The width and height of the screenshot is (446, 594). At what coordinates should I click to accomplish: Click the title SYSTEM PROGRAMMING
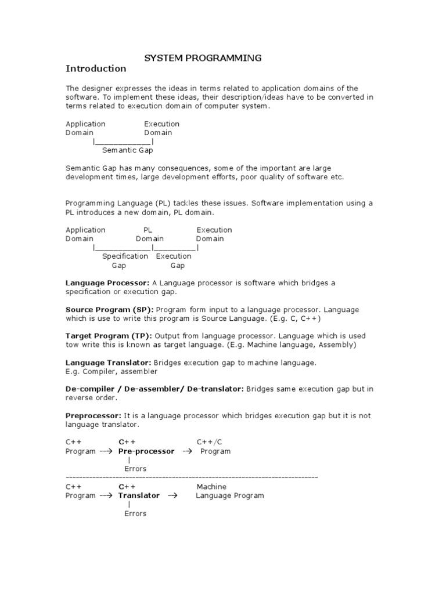pyautogui.click(x=203, y=57)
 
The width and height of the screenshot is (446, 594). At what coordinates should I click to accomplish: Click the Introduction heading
pyautogui.click(x=96, y=68)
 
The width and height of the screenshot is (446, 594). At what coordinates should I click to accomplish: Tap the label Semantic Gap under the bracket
pyautogui.click(x=127, y=150)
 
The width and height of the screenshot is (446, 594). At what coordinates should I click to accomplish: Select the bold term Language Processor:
pyautogui.click(x=107, y=282)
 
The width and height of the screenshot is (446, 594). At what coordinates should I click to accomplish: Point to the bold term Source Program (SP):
pyautogui.click(x=109, y=310)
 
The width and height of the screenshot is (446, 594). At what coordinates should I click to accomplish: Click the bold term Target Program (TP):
pyautogui.click(x=109, y=336)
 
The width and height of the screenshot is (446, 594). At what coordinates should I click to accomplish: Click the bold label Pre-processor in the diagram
pyautogui.click(x=146, y=451)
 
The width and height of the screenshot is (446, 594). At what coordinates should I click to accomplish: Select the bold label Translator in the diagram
pyautogui.click(x=139, y=495)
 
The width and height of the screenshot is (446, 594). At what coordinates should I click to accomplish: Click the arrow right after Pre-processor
pyautogui.click(x=187, y=451)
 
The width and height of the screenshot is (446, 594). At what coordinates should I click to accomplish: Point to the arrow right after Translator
pyautogui.click(x=172, y=495)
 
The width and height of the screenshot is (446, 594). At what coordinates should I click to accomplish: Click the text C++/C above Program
pyautogui.click(x=210, y=442)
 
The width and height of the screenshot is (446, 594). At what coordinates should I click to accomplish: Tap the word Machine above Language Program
pyautogui.click(x=211, y=487)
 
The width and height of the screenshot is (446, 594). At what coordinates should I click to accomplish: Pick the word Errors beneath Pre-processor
pyautogui.click(x=135, y=469)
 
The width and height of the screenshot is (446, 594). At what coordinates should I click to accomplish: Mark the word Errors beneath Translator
pyautogui.click(x=135, y=513)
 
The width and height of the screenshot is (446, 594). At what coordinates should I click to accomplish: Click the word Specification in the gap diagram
pyautogui.click(x=125, y=256)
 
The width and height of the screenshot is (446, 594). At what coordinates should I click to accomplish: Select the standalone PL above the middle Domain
pyautogui.click(x=148, y=230)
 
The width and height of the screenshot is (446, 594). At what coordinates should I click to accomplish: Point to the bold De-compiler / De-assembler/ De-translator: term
pyautogui.click(x=154, y=389)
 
